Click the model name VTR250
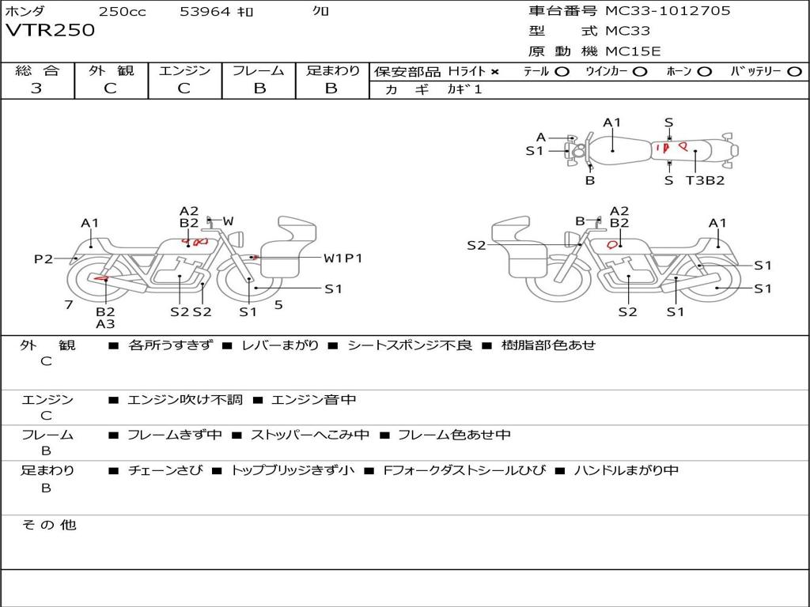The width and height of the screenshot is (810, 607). (50, 31)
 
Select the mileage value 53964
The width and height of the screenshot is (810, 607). (205, 12)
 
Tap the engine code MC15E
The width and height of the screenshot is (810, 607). (633, 51)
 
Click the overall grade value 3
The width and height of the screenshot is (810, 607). (36, 89)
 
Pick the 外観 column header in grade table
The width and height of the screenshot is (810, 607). (111, 70)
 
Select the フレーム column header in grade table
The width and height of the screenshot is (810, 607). (258, 70)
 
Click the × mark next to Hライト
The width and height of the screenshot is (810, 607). (495, 72)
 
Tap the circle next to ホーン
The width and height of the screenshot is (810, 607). (705, 72)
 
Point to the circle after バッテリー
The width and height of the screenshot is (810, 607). (794, 72)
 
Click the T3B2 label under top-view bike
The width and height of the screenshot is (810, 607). (705, 180)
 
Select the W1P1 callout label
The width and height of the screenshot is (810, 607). (343, 258)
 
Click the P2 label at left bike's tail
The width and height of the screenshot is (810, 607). (43, 258)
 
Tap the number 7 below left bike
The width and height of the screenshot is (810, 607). (69, 304)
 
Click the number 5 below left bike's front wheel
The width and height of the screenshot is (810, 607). (278, 304)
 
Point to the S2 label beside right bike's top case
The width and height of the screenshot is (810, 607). (475, 246)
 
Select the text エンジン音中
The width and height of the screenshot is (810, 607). (313, 400)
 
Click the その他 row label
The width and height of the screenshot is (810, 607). (49, 525)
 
